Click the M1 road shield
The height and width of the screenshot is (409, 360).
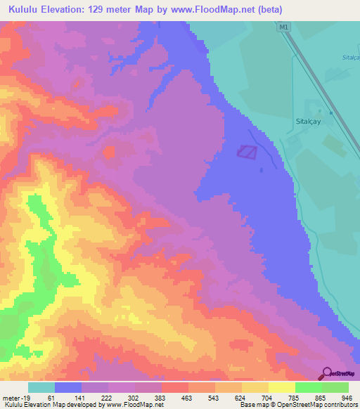pyautogui.click(x=283, y=27)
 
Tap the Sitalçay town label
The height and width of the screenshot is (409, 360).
pyautogui.click(x=307, y=120)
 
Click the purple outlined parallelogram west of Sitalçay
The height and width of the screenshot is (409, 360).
pyautogui.click(x=247, y=151)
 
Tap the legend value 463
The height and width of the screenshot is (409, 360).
pyautogui.click(x=186, y=396)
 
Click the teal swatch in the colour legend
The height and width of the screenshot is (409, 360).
pyautogui.click(x=41, y=387)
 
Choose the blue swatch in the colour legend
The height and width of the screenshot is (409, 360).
pyautogui.click(x=68, y=387)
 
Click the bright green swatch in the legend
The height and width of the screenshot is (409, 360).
pyautogui.click(x=308, y=387)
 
